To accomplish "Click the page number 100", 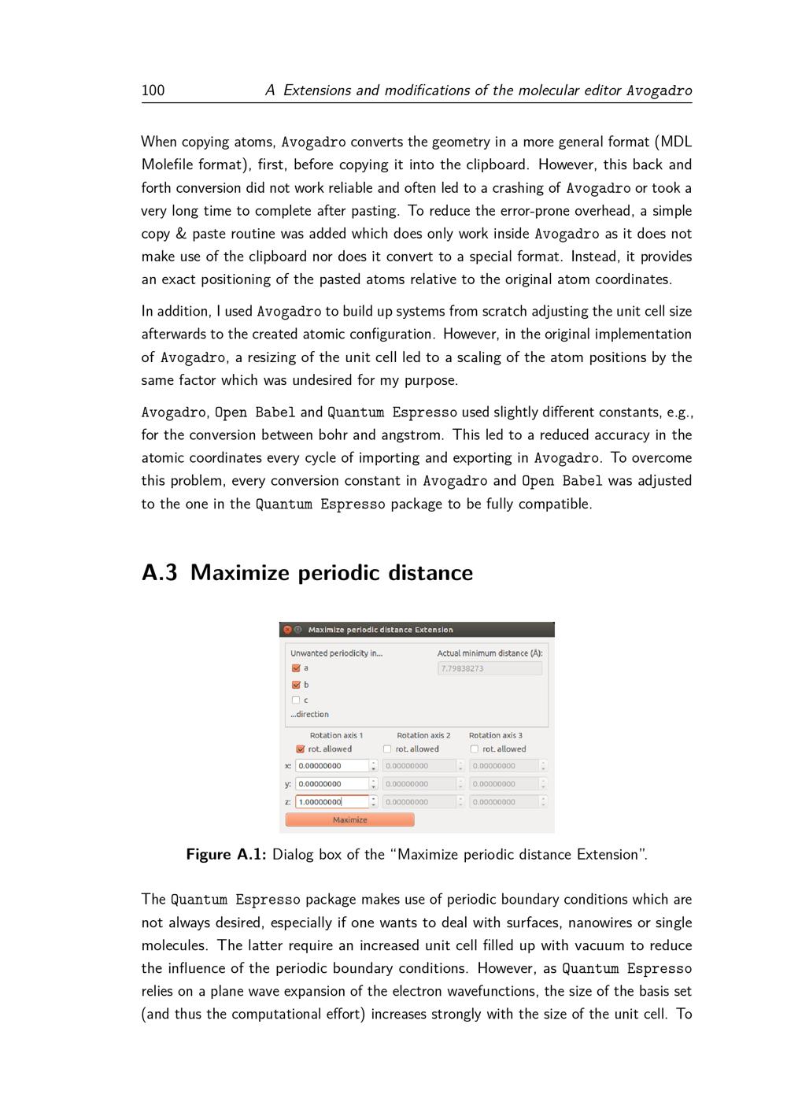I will point(153,91).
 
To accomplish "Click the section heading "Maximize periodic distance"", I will point(307,573).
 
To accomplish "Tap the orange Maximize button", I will point(349,820).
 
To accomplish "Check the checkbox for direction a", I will point(296,668).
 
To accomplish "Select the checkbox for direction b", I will point(296,685).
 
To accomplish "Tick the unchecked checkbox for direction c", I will point(296,700).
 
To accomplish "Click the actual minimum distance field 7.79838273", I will point(489,668).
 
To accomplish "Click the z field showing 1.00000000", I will point(331,802).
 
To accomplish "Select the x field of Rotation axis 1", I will point(331,766).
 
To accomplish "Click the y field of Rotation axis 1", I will point(331,784).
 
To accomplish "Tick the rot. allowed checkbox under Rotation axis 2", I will point(387,749).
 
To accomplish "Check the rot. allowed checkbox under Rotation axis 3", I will point(475,749).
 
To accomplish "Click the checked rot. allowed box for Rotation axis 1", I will point(301,749).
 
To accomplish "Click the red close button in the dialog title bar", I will point(287,630).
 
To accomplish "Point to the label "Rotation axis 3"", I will point(495,735).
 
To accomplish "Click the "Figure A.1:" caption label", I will point(227,855).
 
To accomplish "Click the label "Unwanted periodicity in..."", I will point(336,653).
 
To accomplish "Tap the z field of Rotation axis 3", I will point(504,802).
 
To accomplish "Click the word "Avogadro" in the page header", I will point(659,91).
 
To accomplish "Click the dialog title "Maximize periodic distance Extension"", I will point(380,630).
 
